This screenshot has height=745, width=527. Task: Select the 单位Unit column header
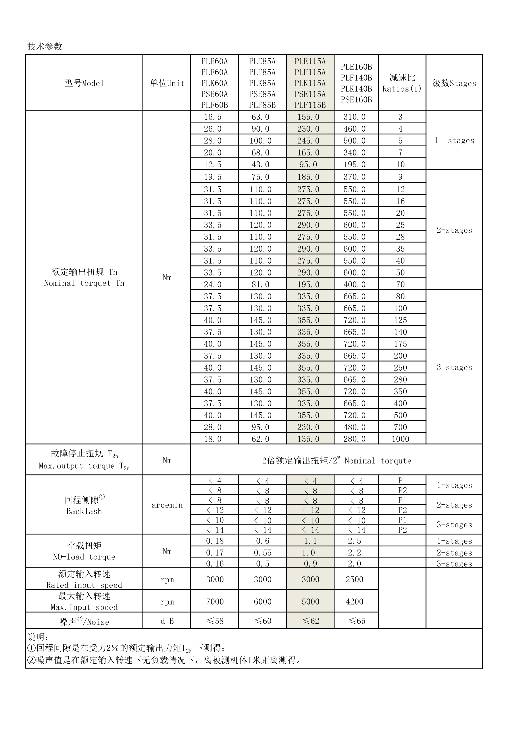click(167, 83)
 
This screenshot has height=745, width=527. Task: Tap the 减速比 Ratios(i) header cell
click(402, 83)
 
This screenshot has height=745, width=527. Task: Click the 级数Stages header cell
click(454, 83)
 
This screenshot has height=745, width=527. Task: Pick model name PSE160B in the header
click(356, 100)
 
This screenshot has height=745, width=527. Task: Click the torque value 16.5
click(213, 117)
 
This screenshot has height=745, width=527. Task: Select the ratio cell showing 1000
click(400, 439)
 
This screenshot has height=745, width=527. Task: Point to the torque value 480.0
click(355, 427)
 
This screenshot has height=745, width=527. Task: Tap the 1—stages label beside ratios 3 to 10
click(454, 140)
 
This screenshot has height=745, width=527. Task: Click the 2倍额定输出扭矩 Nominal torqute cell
click(336, 461)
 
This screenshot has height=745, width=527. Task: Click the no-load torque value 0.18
click(215, 541)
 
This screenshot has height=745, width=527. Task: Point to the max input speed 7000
click(215, 601)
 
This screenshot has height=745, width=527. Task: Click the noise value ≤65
click(356, 621)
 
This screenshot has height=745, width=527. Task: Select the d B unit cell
click(167, 621)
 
